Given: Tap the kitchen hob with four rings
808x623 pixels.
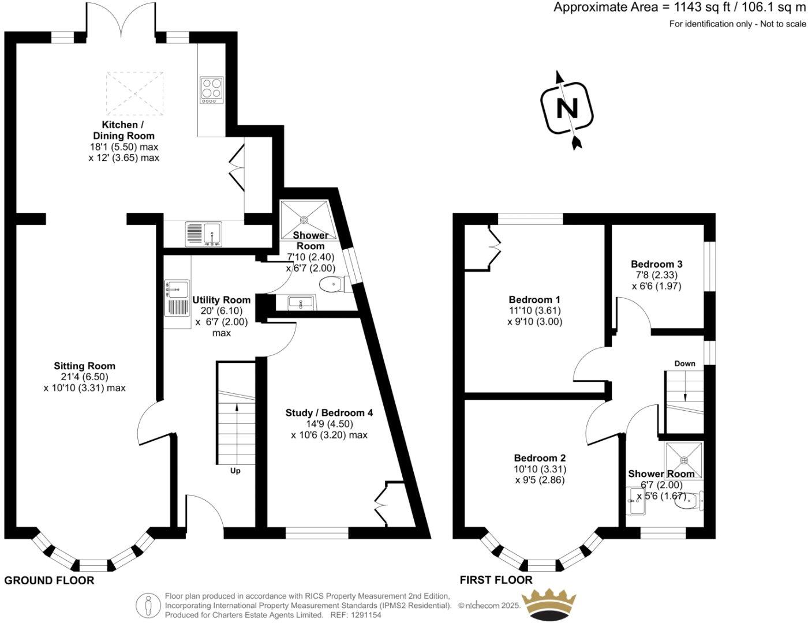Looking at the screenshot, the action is click(212, 91).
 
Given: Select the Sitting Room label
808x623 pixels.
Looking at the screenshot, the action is click(84, 366).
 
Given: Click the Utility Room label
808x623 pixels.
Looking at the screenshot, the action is click(222, 300).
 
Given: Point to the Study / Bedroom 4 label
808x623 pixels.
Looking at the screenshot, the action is click(329, 413).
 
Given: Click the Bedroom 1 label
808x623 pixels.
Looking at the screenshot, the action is click(534, 300).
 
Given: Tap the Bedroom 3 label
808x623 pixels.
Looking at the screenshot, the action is click(657, 265).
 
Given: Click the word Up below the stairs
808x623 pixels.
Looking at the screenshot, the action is click(235, 471).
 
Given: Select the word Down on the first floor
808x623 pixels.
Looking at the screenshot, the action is click(685, 364).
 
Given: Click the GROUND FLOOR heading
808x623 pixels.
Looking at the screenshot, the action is click(49, 581).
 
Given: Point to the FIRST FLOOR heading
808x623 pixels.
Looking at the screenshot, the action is click(496, 580).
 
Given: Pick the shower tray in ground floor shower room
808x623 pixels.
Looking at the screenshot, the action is click(304, 219).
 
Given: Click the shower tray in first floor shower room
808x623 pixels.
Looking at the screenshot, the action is click(684, 460).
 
